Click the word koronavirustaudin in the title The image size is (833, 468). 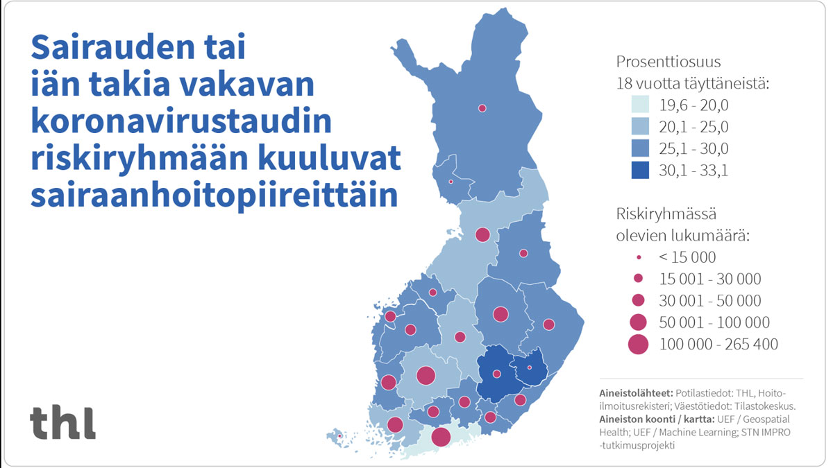[181, 122]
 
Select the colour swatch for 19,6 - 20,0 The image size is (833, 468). [639, 105]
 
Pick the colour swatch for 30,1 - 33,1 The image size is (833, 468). [639, 170]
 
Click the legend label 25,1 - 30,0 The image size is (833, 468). [694, 148]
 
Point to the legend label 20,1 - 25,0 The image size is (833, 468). [694, 127]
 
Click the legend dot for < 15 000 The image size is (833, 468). [638, 257]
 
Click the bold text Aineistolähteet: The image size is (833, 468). [639, 392]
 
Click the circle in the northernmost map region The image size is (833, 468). [482, 108]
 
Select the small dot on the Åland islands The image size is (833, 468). [340, 436]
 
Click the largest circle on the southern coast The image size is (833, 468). [441, 437]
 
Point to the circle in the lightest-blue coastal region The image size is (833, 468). [441, 437]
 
